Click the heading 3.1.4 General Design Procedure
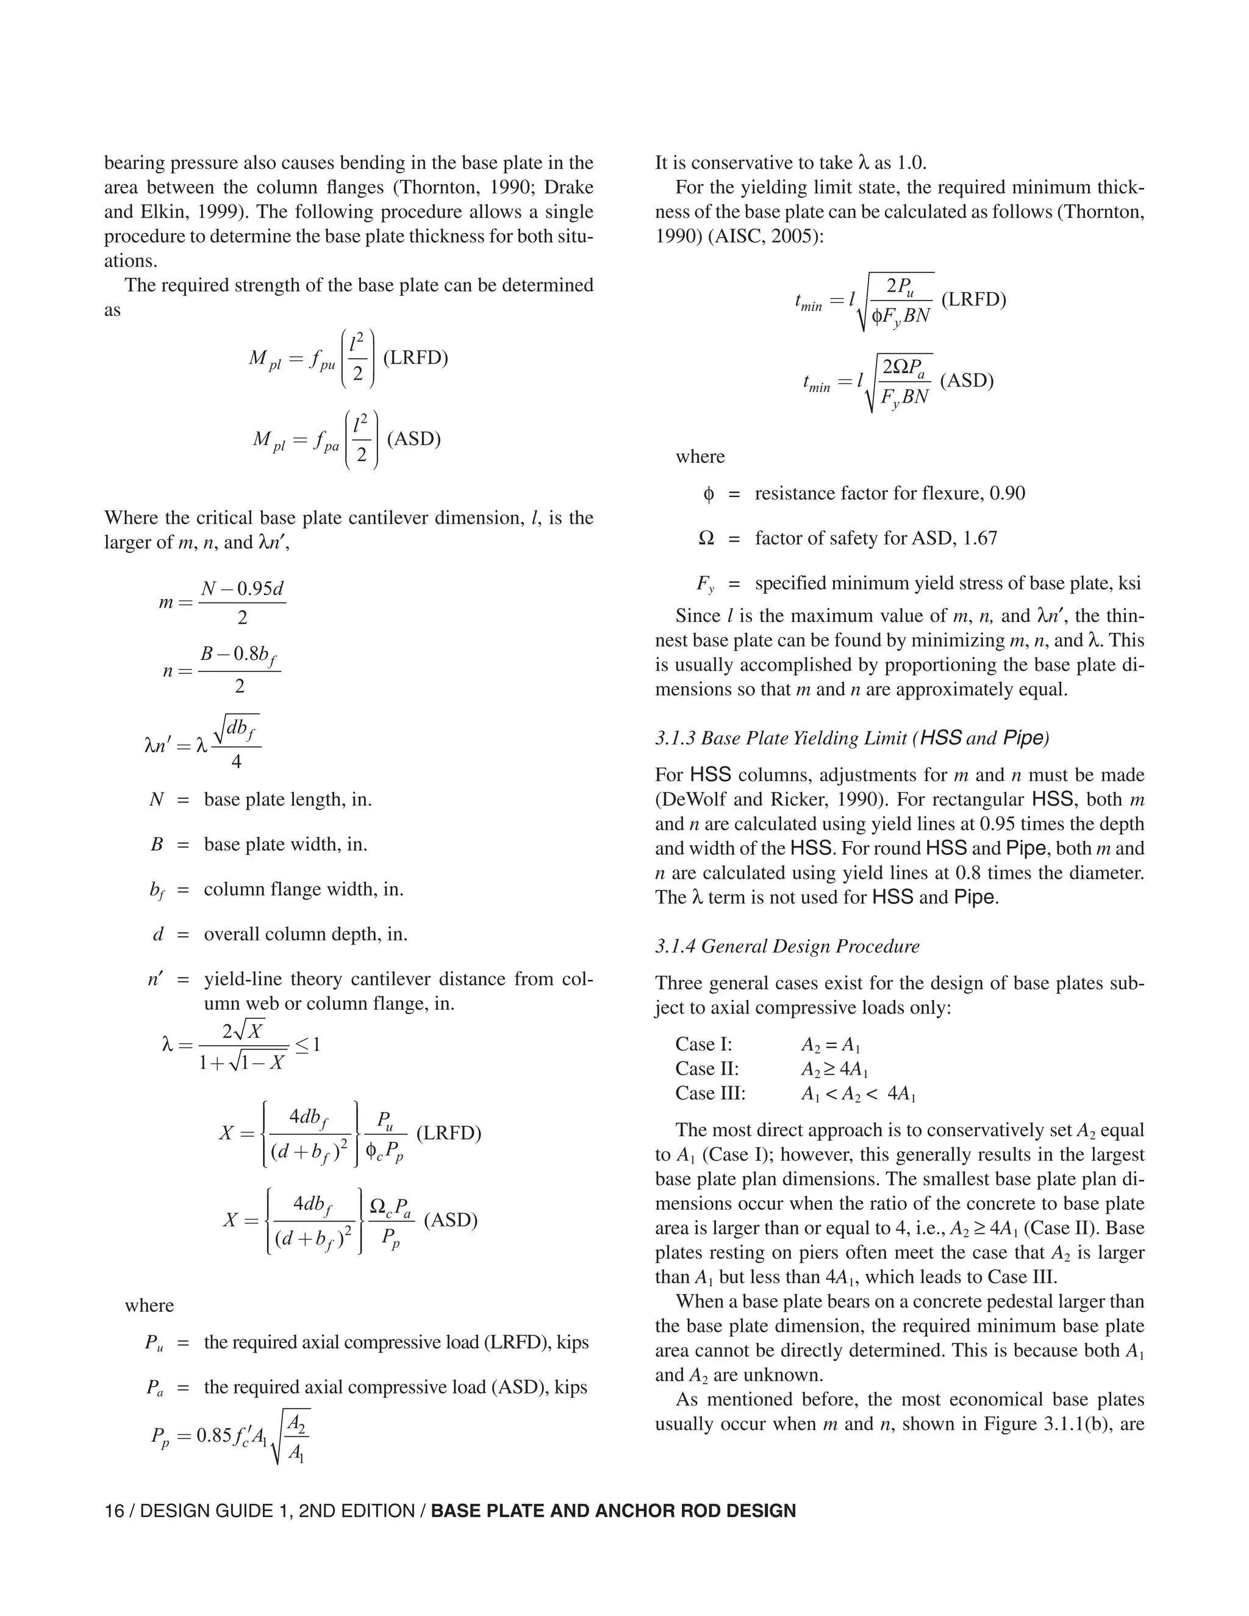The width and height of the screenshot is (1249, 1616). tap(787, 946)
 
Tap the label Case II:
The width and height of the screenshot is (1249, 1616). tap(707, 1068)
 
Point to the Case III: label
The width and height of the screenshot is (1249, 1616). tap(710, 1093)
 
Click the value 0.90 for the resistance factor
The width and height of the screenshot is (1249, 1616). tap(1007, 493)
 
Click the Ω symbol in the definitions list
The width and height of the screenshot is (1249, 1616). tap(707, 538)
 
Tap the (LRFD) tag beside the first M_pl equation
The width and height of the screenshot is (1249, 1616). tap(415, 358)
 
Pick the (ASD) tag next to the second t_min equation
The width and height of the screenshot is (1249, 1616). tap(967, 381)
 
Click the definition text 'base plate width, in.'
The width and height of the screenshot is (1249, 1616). tap(285, 844)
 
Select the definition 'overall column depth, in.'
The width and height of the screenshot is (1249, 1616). tap(306, 934)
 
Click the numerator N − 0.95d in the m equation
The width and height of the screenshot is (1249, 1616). tap(243, 589)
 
